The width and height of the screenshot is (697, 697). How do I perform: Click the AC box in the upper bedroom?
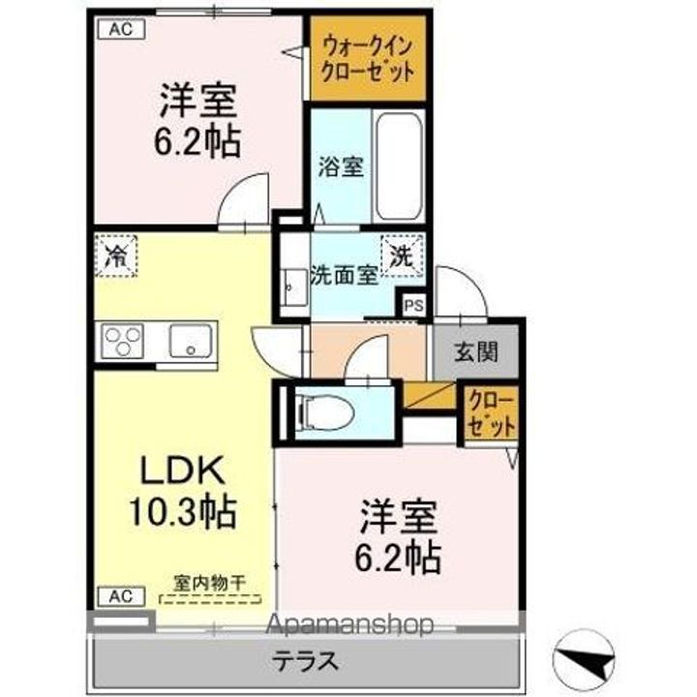click(121, 29)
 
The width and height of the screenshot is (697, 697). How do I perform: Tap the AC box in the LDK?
click(121, 596)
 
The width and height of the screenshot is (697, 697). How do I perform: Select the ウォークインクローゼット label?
click(368, 59)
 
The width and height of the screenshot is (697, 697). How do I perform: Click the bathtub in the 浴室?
click(399, 167)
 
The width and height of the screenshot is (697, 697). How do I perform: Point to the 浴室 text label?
click(341, 167)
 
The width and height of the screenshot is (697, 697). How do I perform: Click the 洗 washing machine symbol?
click(403, 256)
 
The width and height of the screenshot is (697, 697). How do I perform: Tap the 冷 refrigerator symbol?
click(116, 257)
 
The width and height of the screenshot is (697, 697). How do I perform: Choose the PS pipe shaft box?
click(413, 306)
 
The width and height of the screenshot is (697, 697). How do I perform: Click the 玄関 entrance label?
click(475, 352)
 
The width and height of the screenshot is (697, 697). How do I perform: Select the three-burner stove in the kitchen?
click(122, 341)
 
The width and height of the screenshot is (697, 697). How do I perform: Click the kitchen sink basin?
click(191, 341)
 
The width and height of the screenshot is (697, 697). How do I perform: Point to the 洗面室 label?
click(344, 276)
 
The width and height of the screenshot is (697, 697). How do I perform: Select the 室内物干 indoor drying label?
click(209, 583)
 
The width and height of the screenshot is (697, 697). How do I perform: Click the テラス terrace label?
click(305, 661)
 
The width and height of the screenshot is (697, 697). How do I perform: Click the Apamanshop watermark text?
click(348, 624)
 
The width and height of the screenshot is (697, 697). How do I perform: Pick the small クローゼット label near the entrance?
click(491, 413)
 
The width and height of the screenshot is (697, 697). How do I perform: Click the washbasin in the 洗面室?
click(294, 288)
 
